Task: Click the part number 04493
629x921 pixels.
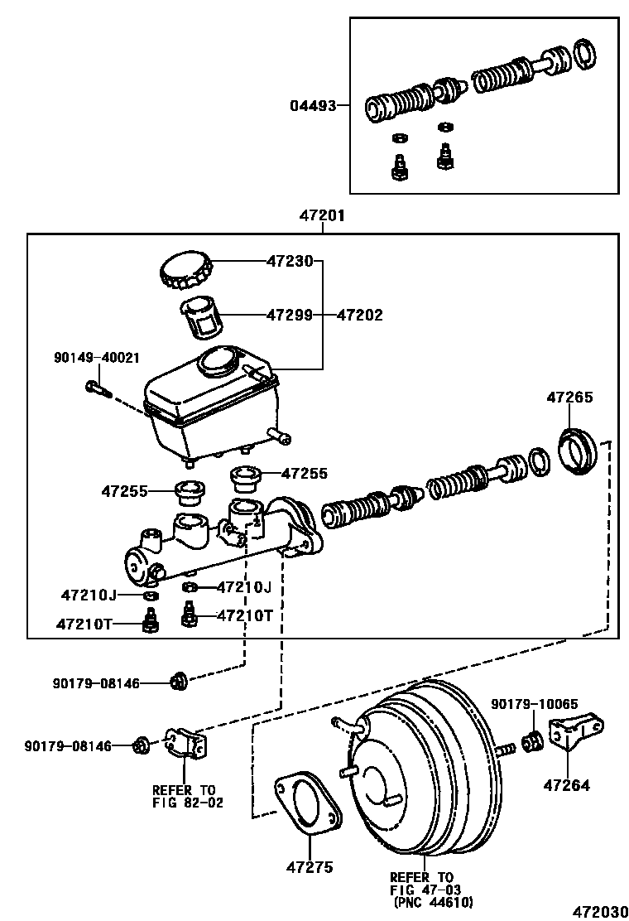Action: click(x=313, y=105)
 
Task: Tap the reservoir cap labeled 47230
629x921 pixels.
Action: click(x=186, y=270)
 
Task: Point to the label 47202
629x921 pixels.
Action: click(x=360, y=315)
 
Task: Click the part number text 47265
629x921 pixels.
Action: click(x=569, y=398)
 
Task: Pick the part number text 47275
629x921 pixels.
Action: click(x=310, y=867)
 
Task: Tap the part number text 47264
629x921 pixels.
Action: click(x=567, y=785)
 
